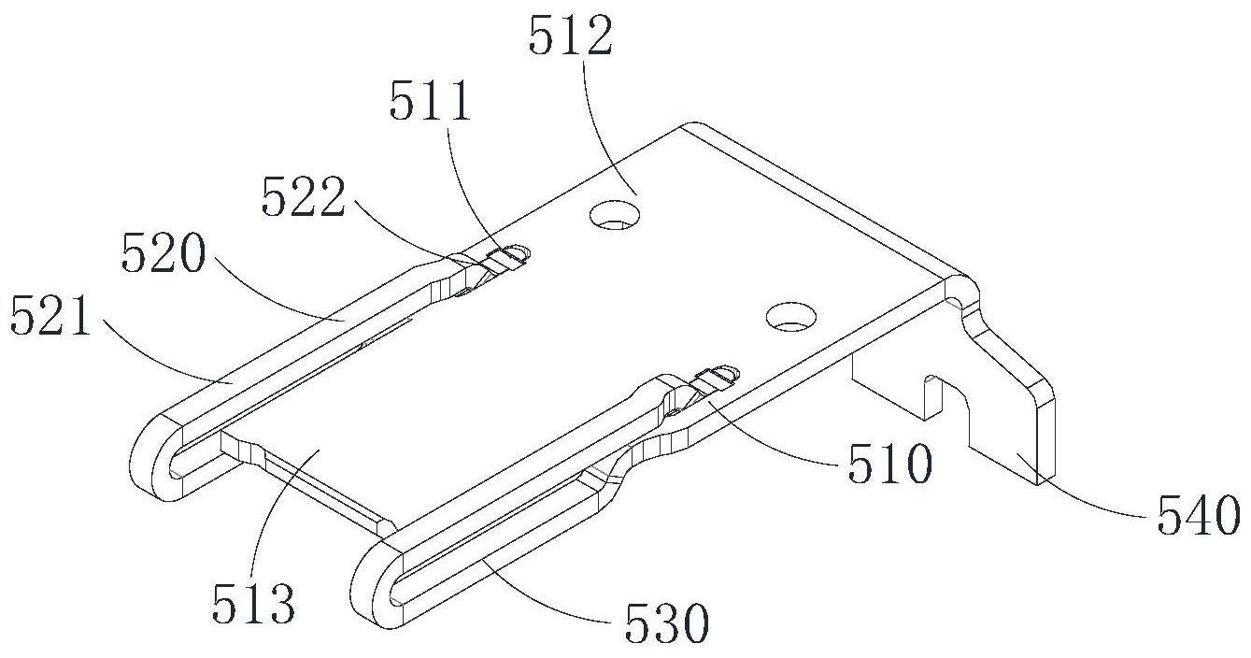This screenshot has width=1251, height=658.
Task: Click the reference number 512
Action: (x=570, y=36)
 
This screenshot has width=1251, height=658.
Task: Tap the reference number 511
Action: (x=430, y=102)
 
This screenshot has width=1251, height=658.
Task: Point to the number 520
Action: (x=163, y=253)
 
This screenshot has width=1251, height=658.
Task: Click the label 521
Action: (x=50, y=316)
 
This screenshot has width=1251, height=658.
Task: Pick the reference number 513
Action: (x=253, y=604)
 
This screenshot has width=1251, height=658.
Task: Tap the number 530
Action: (x=667, y=623)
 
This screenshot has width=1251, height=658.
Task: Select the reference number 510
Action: (x=890, y=464)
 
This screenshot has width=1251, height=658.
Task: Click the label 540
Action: (x=1199, y=516)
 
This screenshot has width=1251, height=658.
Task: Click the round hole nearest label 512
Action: (x=616, y=216)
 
